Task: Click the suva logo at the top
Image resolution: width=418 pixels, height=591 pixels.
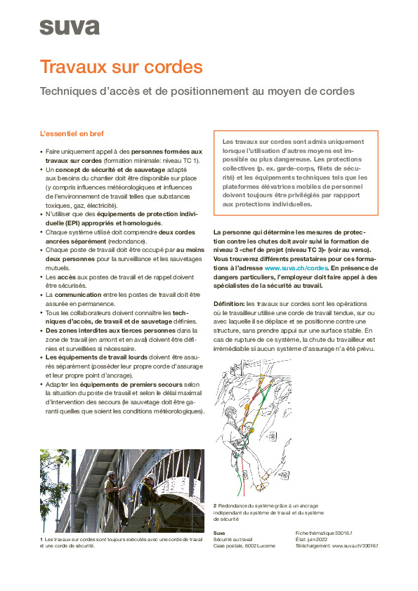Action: click(69, 27)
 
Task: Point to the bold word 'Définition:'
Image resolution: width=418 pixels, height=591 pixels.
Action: click(229, 303)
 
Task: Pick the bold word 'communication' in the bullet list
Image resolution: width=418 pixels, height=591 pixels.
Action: click(79, 295)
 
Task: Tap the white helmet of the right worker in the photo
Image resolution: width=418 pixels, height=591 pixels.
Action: click(150, 477)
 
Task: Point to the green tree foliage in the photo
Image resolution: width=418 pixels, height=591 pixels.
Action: click(63, 477)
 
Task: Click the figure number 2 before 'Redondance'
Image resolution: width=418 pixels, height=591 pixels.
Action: click(215, 505)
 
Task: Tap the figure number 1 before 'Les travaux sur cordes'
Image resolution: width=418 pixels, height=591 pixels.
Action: click(41, 539)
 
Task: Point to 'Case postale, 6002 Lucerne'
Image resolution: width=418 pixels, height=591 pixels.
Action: click(244, 545)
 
